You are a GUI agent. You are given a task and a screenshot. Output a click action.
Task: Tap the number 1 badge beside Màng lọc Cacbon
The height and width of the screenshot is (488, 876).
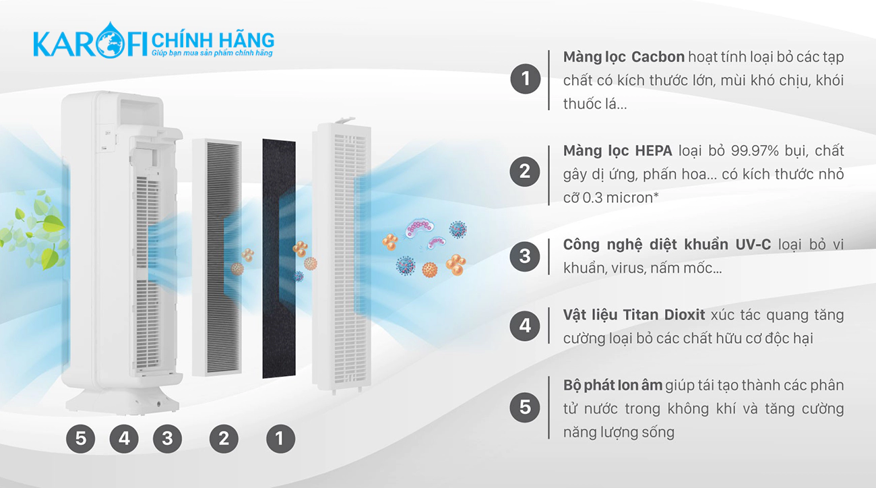point(525,80)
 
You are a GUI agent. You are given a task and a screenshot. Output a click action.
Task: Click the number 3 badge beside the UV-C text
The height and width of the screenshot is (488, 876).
point(525,255)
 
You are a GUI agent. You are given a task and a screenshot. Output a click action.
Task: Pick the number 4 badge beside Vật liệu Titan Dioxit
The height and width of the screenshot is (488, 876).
point(525,326)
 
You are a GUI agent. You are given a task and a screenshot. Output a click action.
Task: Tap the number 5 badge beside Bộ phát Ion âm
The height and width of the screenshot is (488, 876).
point(525,407)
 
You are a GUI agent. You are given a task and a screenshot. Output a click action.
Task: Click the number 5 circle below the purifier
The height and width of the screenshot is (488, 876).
point(81,439)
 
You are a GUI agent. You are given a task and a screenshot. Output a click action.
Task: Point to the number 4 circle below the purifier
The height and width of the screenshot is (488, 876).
point(124,439)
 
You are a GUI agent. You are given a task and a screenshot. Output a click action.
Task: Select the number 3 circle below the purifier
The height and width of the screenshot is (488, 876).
point(167,439)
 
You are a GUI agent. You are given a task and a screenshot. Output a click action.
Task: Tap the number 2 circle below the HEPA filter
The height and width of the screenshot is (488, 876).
point(224,439)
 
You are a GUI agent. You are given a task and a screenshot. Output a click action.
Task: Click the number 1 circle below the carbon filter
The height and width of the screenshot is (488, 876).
point(280,439)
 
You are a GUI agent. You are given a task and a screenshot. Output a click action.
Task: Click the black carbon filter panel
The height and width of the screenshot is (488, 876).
point(278,259)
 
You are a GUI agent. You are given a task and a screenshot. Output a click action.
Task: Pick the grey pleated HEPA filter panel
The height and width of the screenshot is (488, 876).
point(217,256)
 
